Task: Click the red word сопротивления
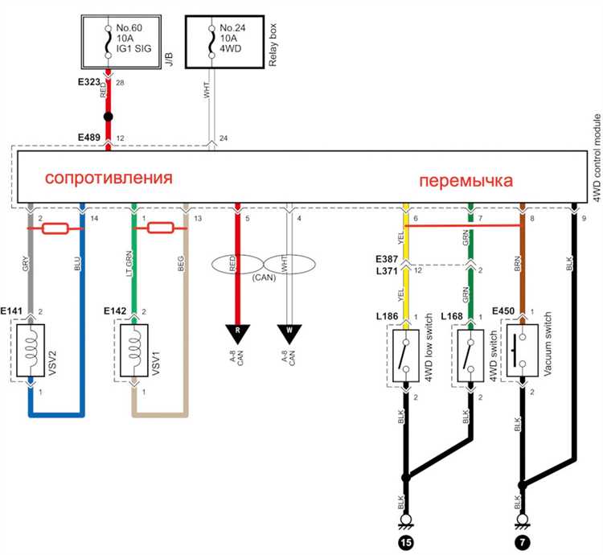(x=108, y=177)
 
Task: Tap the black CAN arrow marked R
(x=236, y=330)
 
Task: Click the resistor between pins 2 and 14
(x=57, y=229)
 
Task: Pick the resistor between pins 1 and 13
(x=160, y=229)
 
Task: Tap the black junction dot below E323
(x=108, y=117)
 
